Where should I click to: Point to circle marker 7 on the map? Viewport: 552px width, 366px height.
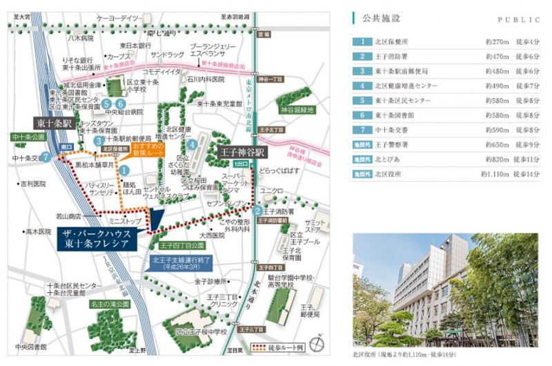tap(46, 157)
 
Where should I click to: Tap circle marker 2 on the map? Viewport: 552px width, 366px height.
tap(256, 211)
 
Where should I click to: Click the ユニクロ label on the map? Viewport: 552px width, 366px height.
tap(273, 191)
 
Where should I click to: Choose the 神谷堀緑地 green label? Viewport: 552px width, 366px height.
tap(297, 110)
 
